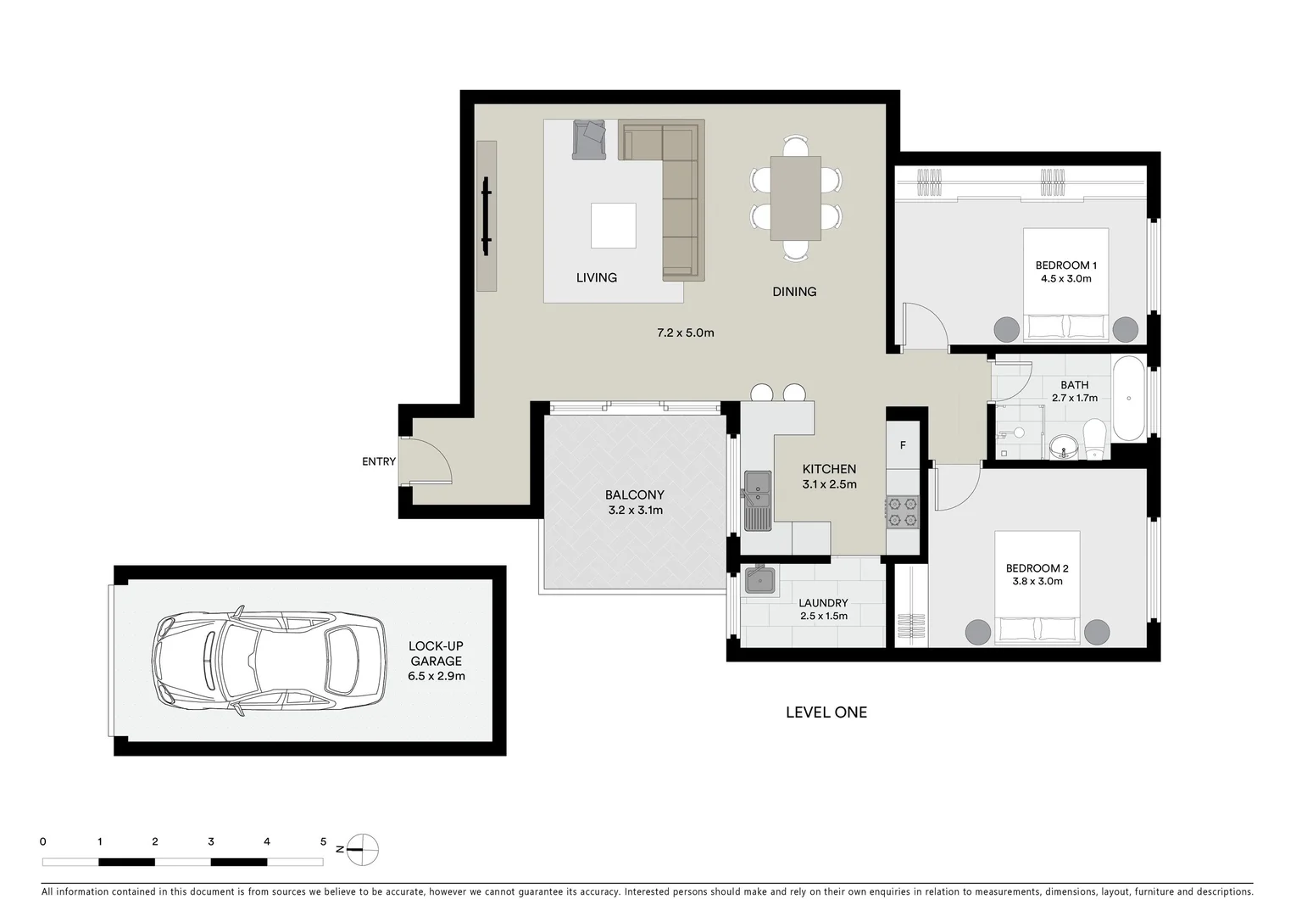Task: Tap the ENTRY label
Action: (x=378, y=461)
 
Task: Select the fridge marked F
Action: (x=903, y=445)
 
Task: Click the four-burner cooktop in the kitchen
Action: (x=902, y=512)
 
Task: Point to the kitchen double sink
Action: (x=757, y=500)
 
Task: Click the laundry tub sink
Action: (x=760, y=581)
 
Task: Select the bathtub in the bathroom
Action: (x=1128, y=399)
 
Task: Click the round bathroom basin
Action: (x=1062, y=446)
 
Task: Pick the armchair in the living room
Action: (x=589, y=139)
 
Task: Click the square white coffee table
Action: (x=613, y=226)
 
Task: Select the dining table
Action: (x=795, y=198)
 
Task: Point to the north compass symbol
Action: (x=362, y=849)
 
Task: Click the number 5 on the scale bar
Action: (x=323, y=842)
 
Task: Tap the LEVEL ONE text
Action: (x=826, y=712)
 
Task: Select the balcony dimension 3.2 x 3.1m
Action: (x=635, y=511)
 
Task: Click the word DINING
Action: (x=794, y=292)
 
